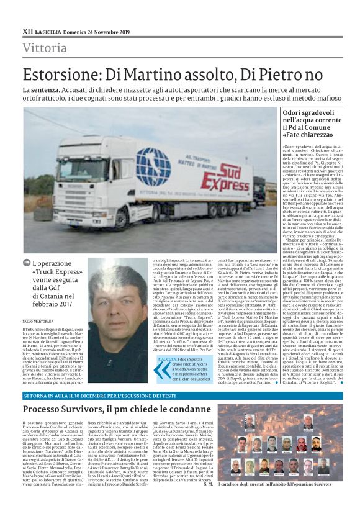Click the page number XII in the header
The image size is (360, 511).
coord(27,30)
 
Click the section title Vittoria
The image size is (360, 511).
coord(45,48)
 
